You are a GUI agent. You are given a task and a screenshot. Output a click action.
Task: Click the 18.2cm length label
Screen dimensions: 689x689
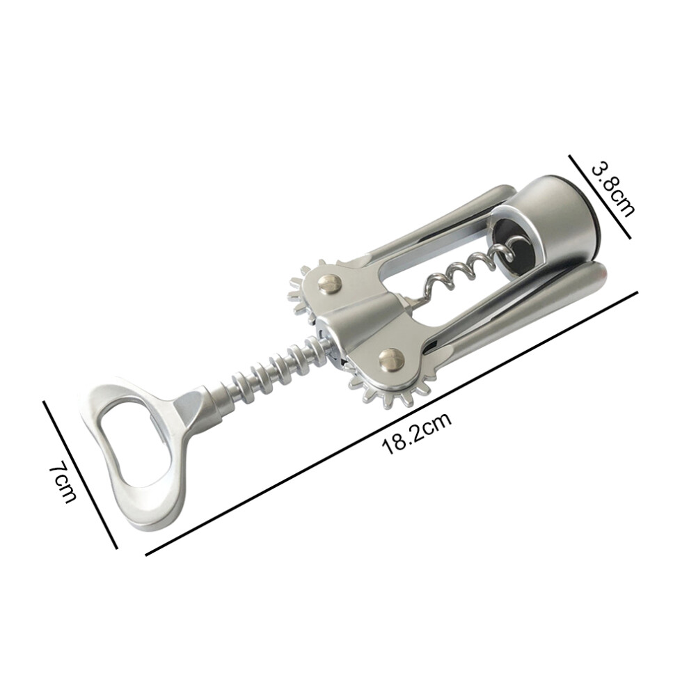tap(417, 433)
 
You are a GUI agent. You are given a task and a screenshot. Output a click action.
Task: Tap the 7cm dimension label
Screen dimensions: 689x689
tap(63, 482)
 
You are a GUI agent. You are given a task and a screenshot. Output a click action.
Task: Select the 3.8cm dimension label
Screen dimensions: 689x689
tap(613, 189)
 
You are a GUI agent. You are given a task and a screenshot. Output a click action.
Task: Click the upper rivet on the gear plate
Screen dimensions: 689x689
tap(331, 284)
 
